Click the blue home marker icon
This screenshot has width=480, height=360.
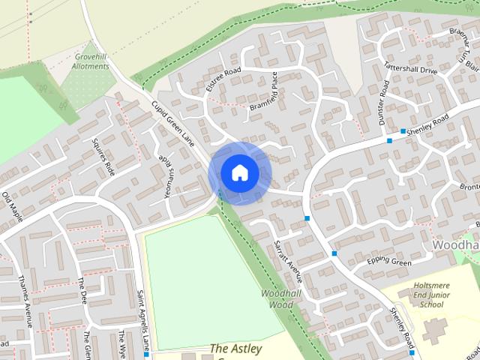(239, 172)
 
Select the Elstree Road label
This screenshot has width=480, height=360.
(223, 80)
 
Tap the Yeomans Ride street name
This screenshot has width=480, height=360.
(166, 175)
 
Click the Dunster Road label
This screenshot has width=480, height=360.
(384, 105)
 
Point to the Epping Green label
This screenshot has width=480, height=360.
(389, 262)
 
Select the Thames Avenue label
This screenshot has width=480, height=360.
(25, 300)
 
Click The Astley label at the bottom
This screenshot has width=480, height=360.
(233, 349)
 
